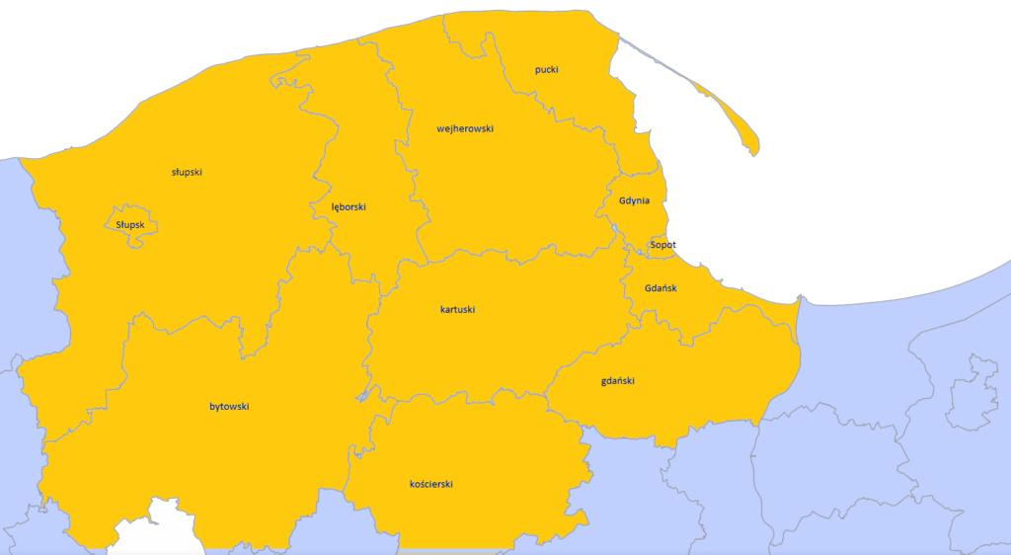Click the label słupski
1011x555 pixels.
tap(187, 172)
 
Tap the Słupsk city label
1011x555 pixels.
tap(130, 224)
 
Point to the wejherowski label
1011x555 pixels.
tap(465, 128)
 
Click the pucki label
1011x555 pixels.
tap(547, 69)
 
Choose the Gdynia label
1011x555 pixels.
tap(634, 200)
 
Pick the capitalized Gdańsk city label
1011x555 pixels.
tap(660, 288)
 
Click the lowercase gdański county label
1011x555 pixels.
tap(617, 380)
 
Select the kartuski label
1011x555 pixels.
tap(458, 309)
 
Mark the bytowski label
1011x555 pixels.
tap(229, 406)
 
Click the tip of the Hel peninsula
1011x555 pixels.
tap(755, 150)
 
